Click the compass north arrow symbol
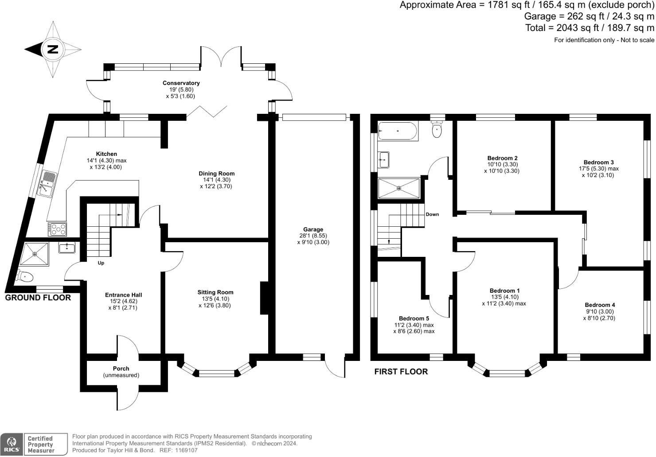(52, 49)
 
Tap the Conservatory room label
(181, 83)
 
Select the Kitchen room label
(106, 154)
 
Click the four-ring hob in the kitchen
(58, 229)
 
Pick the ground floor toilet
(24, 277)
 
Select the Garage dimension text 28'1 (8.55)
(313, 236)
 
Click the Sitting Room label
(215, 292)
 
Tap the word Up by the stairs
(101, 263)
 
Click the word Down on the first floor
(432, 214)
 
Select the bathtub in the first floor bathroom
(397, 132)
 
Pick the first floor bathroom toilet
(437, 129)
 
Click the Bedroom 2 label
(502, 158)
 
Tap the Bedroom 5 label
(414, 318)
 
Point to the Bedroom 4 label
(600, 305)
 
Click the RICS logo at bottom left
(12, 444)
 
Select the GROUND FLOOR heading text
(38, 298)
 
